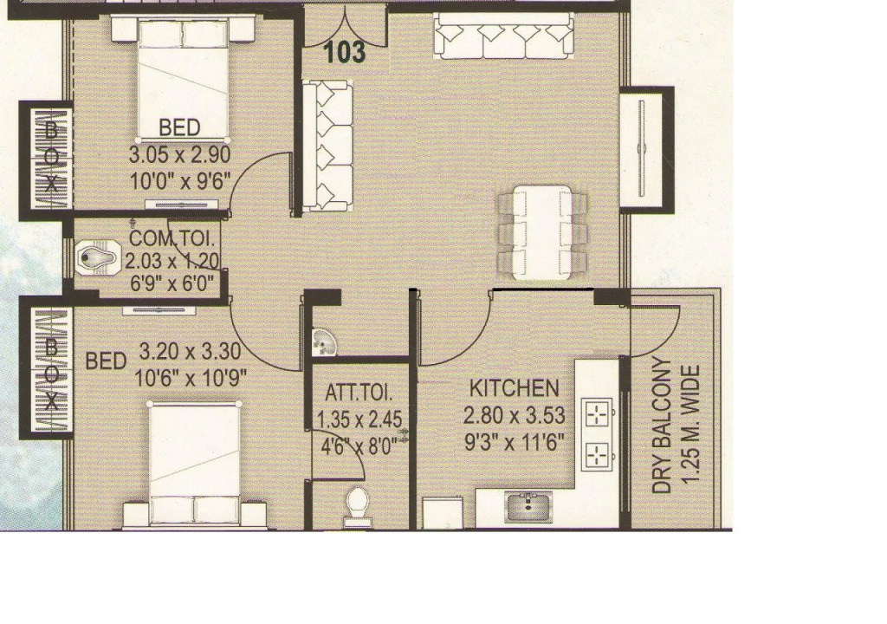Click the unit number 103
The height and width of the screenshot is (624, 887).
pyautogui.click(x=345, y=51)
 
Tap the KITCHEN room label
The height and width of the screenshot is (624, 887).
pyautogui.click(x=515, y=388)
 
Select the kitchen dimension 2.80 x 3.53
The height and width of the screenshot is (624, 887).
pyautogui.click(x=515, y=416)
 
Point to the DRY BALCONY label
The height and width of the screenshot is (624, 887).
pyautogui.click(x=661, y=426)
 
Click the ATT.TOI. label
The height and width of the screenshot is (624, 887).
pyautogui.click(x=358, y=393)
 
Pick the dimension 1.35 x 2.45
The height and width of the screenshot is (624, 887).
pyautogui.click(x=359, y=419)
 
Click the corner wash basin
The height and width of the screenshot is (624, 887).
pyautogui.click(x=324, y=342)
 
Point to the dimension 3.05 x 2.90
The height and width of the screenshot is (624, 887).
pyautogui.click(x=180, y=154)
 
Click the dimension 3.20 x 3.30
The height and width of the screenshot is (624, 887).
pyautogui.click(x=190, y=352)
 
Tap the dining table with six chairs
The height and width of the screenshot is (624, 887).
pyautogui.click(x=541, y=233)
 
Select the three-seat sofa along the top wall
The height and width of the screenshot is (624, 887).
pyautogui.click(x=503, y=36)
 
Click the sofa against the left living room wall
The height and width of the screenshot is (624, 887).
pyautogui.click(x=327, y=146)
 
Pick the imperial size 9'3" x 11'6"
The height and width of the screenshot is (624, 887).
pyautogui.click(x=515, y=442)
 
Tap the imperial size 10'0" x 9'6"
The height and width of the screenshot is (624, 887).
pyautogui.click(x=180, y=182)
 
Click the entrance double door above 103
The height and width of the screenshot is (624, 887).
pyautogui.click(x=345, y=25)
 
